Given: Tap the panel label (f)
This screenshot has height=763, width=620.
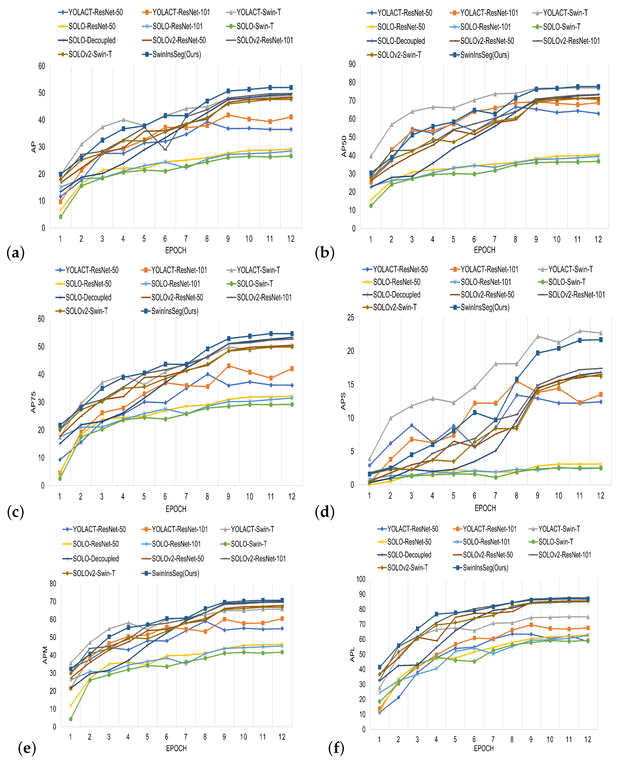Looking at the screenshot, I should tap(336, 748).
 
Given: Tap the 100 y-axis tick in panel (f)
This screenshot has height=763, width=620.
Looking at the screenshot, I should tap(361, 579).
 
